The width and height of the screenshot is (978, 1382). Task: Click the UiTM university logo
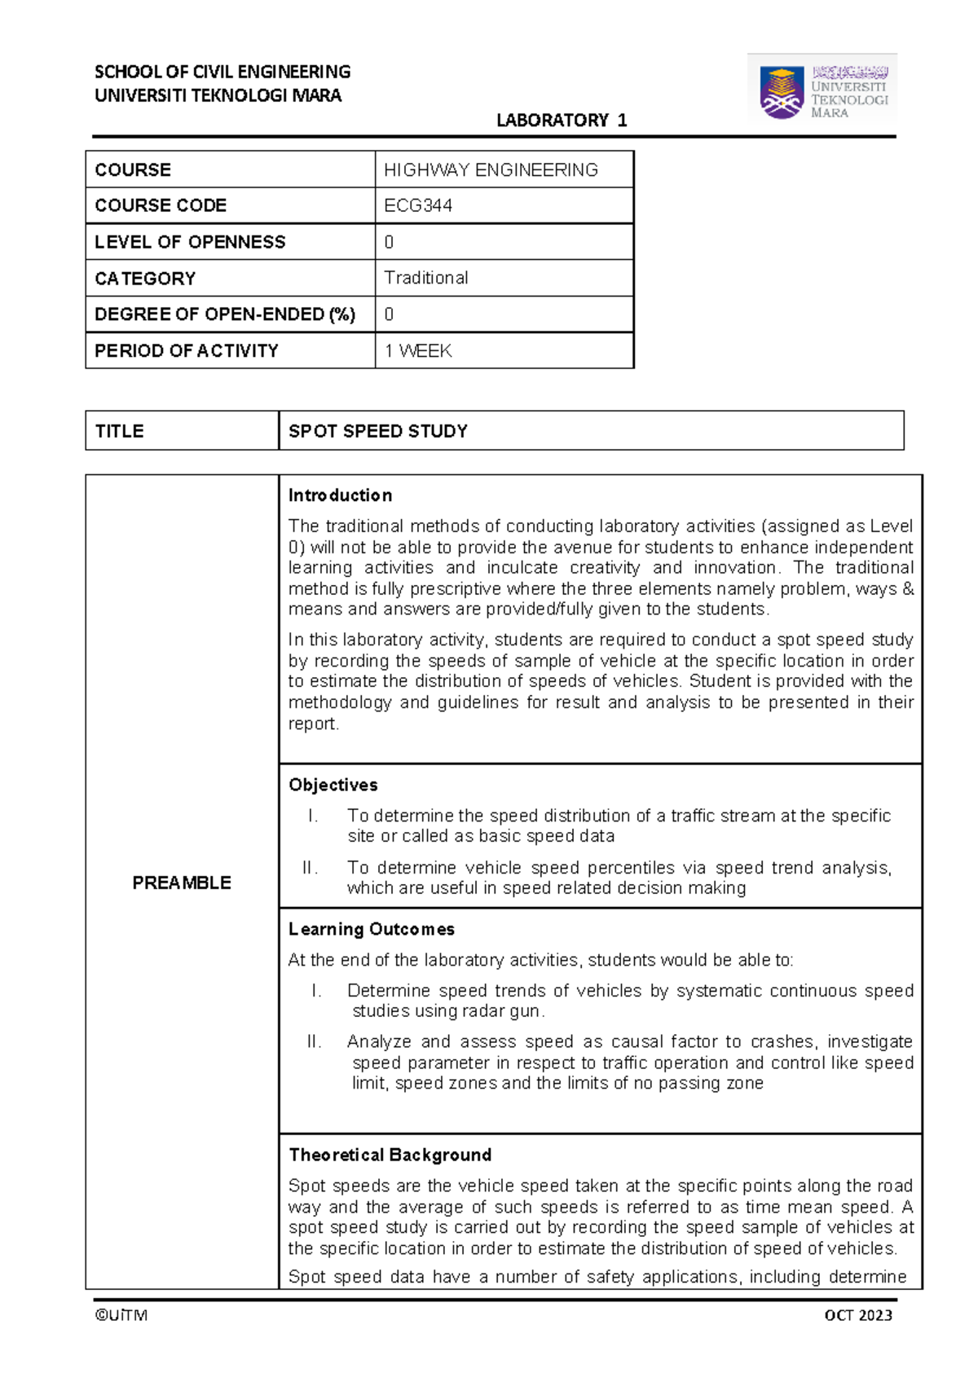(x=822, y=89)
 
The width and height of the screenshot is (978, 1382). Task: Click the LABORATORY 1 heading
(x=562, y=121)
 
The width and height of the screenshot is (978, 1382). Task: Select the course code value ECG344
(x=418, y=206)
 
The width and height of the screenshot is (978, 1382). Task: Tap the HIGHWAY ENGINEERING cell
(x=491, y=170)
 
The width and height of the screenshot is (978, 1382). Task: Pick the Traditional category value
(x=426, y=278)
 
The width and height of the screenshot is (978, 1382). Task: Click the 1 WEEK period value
(x=418, y=351)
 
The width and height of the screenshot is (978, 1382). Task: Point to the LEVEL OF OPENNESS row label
(x=190, y=242)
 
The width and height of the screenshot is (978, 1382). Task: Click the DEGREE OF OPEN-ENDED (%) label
(x=225, y=315)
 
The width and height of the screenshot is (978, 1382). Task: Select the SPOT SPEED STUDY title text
(x=378, y=431)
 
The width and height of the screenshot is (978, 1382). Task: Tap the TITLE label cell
(x=120, y=431)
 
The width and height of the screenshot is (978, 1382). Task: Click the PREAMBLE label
(x=182, y=882)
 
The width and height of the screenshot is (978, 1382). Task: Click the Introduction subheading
(x=340, y=495)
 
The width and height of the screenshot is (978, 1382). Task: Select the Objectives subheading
(x=333, y=785)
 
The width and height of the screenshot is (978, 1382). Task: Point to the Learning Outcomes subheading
(x=372, y=929)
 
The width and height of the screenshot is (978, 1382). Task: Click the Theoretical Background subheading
(x=390, y=1155)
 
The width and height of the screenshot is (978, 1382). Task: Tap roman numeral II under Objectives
(x=310, y=868)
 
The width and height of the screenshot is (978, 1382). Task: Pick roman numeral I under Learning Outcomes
(x=316, y=991)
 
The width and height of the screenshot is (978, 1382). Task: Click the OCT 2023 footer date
(x=858, y=1315)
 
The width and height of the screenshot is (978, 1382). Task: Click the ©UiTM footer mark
(x=121, y=1315)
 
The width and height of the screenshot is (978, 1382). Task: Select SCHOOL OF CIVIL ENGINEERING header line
(x=222, y=72)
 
